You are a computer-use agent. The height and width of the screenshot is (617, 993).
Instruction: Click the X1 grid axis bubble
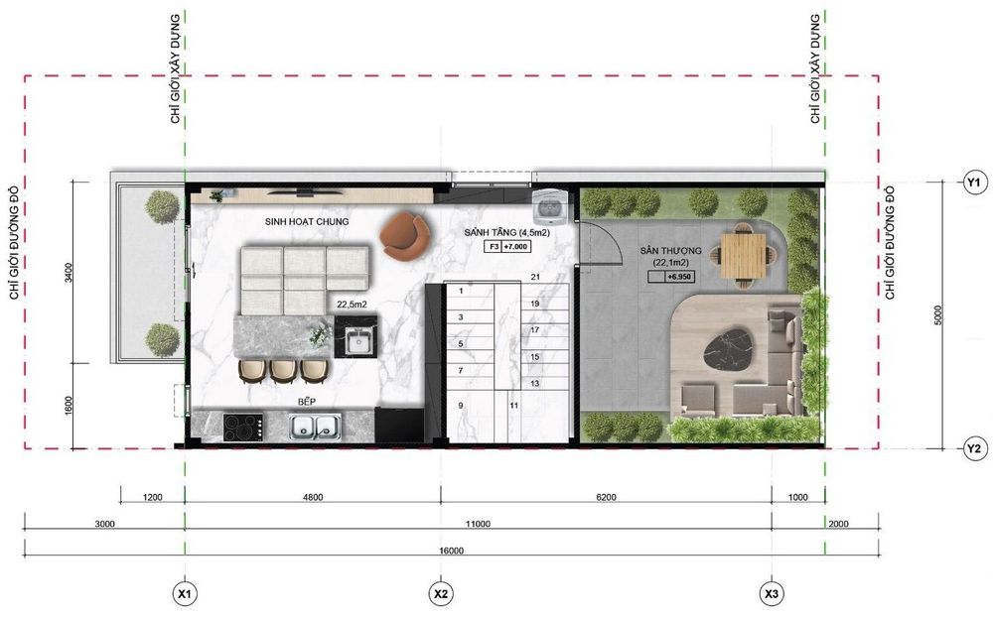point(185,594)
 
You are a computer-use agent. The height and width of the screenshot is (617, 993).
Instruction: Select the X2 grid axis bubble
point(441,594)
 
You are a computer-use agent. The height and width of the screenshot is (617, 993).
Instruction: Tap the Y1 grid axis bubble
point(974,183)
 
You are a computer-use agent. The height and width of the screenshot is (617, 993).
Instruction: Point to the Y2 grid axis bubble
point(974,448)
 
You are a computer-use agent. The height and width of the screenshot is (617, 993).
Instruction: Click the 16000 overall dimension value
point(451,551)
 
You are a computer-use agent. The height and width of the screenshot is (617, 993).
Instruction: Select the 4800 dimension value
point(312,497)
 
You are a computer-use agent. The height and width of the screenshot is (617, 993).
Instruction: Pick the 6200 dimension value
point(606,497)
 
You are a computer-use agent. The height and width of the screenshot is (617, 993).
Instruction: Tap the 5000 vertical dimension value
point(938,315)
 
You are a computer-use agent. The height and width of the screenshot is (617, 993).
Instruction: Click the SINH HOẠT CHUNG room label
point(307,221)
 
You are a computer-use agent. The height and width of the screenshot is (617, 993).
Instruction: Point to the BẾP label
point(307,402)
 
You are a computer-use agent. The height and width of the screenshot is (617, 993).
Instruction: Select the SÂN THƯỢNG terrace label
point(670,251)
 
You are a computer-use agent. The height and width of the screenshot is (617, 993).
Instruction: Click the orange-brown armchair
point(406,235)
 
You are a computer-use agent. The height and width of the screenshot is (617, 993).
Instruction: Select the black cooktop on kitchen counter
point(243,427)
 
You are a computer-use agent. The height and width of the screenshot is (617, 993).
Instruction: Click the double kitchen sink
point(316,427)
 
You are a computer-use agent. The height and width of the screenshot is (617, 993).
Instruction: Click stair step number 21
point(535,277)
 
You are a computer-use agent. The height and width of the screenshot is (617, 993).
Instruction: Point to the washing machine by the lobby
point(547,206)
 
